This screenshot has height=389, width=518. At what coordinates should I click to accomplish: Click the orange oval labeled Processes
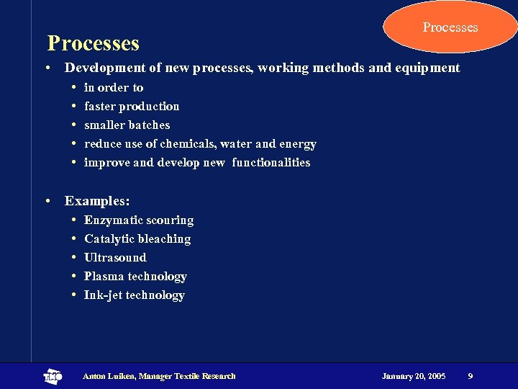(450, 27)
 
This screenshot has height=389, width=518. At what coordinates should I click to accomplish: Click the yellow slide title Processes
(93, 43)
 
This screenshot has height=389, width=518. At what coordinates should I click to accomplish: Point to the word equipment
(427, 68)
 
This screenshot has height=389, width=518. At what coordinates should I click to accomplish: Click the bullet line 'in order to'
(114, 88)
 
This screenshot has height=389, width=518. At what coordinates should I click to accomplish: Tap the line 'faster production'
(132, 107)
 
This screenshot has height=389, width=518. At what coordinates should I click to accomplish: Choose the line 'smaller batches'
(127, 125)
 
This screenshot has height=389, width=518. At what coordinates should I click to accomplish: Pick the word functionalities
(271, 163)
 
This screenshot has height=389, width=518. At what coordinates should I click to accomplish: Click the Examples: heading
(97, 201)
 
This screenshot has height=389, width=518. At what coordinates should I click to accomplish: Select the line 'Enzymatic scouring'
(139, 220)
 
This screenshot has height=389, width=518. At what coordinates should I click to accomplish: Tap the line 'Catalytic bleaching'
(137, 239)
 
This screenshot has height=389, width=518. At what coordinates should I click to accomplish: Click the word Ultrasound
(115, 258)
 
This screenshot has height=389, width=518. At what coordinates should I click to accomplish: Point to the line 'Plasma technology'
(135, 277)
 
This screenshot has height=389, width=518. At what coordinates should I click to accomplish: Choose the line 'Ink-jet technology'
(135, 295)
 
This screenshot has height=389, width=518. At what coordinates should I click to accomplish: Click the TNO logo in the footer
(53, 376)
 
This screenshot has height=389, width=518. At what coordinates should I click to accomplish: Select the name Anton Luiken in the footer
(109, 376)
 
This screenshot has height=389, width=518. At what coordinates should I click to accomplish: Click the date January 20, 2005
(414, 376)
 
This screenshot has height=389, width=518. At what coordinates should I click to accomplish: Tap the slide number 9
(470, 376)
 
